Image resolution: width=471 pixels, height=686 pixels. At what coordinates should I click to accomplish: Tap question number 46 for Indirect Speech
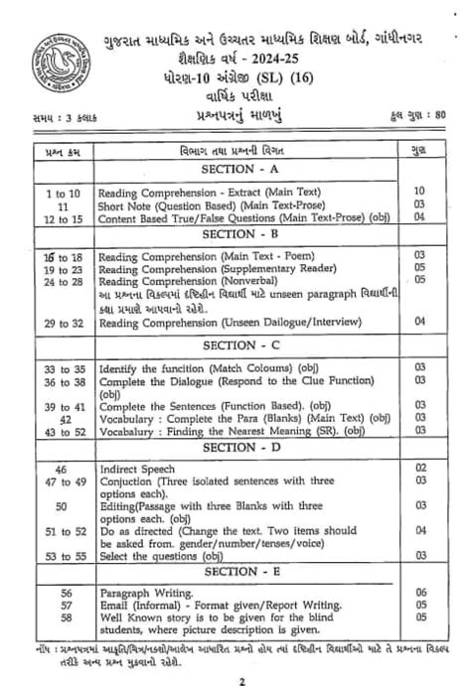pos(62,467)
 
